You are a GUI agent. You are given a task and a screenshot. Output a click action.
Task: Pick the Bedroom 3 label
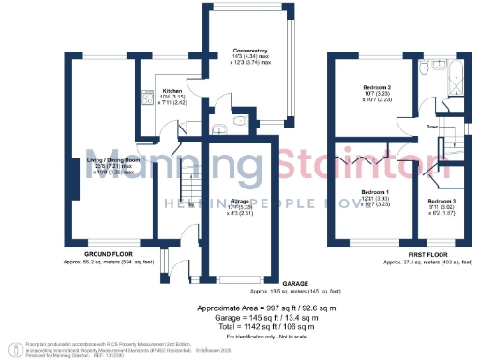click(442, 202)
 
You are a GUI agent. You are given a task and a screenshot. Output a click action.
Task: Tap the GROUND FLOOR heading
click(107, 254)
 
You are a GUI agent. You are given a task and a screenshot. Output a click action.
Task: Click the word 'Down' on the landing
click(433, 126)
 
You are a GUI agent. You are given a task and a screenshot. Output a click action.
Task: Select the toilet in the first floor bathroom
click(423, 69)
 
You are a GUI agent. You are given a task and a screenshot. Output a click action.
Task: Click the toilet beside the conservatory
click(241, 120)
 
